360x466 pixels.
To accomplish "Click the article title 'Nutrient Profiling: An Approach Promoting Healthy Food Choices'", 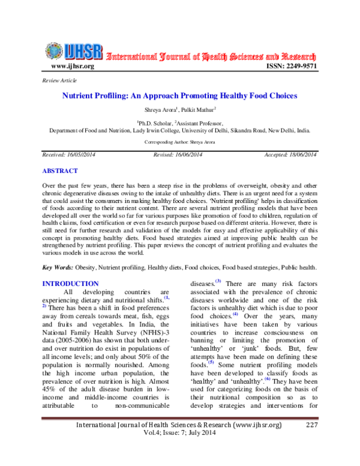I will pyautogui.click(x=180, y=96).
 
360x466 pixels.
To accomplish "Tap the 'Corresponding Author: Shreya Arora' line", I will pyautogui.click(x=179, y=142).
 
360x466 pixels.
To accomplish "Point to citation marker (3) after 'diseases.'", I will pyautogui.click(x=218, y=282).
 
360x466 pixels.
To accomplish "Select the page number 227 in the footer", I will pyautogui.click(x=311, y=442).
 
